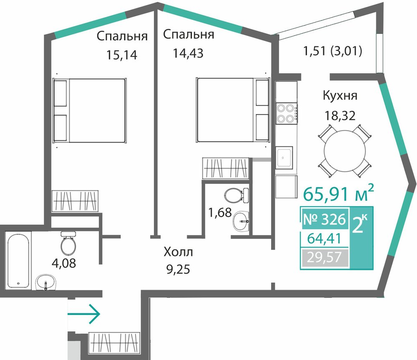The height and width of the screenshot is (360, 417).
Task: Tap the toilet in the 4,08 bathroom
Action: point(69,243)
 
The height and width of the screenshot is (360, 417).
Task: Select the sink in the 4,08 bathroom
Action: point(46,282)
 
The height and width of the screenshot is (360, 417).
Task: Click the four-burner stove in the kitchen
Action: point(287,113)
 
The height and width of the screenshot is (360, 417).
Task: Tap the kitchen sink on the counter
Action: point(284,157)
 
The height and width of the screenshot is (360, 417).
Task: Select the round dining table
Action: point(345,151)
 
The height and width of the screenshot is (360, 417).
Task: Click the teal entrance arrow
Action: point(84,314)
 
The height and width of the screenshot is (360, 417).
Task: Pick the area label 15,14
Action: point(122,55)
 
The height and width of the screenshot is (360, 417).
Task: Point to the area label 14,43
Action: point(188,53)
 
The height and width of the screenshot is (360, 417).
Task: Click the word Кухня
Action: point(340,95)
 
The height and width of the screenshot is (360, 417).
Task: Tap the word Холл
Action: point(178,252)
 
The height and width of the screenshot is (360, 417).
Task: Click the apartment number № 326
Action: point(324,220)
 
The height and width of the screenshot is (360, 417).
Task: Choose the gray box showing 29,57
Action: point(324,257)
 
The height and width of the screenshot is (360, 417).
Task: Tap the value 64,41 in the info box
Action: point(324,238)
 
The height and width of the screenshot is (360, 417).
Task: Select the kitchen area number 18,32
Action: point(340,116)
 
